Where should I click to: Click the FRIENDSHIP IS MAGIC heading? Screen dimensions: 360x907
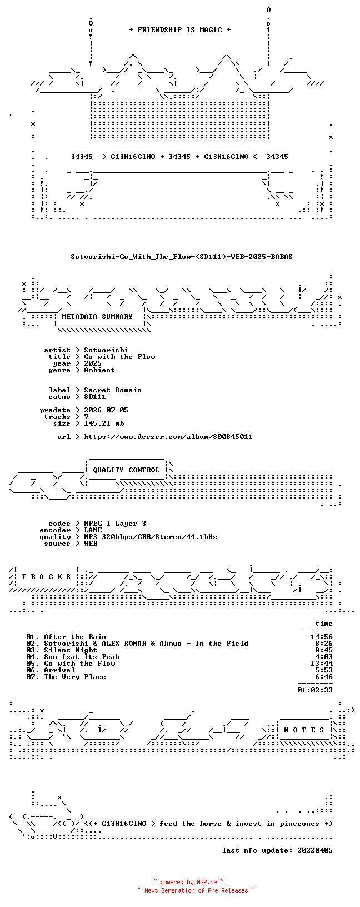coord(180,30)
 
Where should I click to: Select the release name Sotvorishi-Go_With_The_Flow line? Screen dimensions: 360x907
coord(182,257)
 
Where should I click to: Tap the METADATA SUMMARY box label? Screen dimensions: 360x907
coord(97,317)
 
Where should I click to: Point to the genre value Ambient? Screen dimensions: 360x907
coord(99,370)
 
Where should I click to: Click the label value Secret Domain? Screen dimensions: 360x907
coord(113,390)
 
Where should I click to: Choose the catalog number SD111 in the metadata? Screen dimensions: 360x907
coord(95,397)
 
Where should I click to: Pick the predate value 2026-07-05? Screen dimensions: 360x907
coord(106,410)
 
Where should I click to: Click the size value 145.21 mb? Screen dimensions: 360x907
coord(104,423)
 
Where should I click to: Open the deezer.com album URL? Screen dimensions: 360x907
coord(168,437)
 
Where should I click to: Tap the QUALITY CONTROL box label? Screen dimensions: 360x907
coord(126,470)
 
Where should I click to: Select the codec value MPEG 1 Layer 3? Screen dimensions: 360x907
coord(115,524)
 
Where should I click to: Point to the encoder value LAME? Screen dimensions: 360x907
coord(93,530)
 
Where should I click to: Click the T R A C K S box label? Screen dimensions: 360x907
coord(47,576)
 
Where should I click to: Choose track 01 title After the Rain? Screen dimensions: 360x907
coord(75,637)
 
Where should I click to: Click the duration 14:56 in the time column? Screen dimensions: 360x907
coord(322,637)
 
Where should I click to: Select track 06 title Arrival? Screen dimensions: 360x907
coord(59,670)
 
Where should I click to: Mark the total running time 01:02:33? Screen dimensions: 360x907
coord(315,690)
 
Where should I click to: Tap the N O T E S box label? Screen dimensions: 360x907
coord(304,730)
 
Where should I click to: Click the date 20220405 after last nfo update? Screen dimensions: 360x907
coord(315,850)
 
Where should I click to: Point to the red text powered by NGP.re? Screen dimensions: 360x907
coord(189,883)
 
